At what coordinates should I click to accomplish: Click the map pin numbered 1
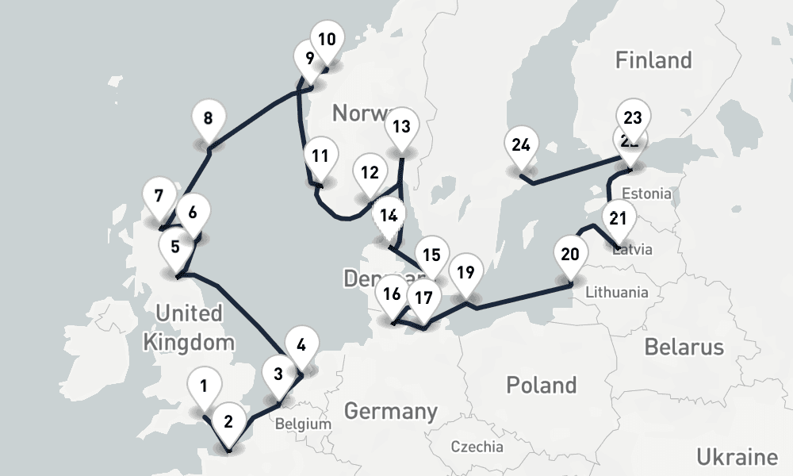pyautogui.click(x=204, y=389)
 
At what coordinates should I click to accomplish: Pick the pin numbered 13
pyautogui.click(x=401, y=128)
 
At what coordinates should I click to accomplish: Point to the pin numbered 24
pyautogui.click(x=521, y=147)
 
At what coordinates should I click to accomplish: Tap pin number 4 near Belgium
pyautogui.click(x=301, y=347)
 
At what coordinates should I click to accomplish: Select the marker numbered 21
pyautogui.click(x=619, y=220)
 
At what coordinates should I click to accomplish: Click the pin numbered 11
pyautogui.click(x=320, y=157)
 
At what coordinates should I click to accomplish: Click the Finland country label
pyautogui.click(x=653, y=60)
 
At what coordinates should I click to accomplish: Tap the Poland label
pyautogui.click(x=542, y=386)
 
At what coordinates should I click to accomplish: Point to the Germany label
pyautogui.click(x=390, y=412)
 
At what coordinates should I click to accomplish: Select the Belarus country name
pyautogui.click(x=684, y=347)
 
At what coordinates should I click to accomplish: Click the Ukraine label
pyautogui.click(x=737, y=457)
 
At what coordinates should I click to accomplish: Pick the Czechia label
pyautogui.click(x=477, y=447)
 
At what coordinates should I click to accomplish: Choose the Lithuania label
pyautogui.click(x=616, y=292)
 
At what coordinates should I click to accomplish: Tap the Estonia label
pyautogui.click(x=646, y=194)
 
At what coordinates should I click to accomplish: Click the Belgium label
pyautogui.click(x=303, y=424)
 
